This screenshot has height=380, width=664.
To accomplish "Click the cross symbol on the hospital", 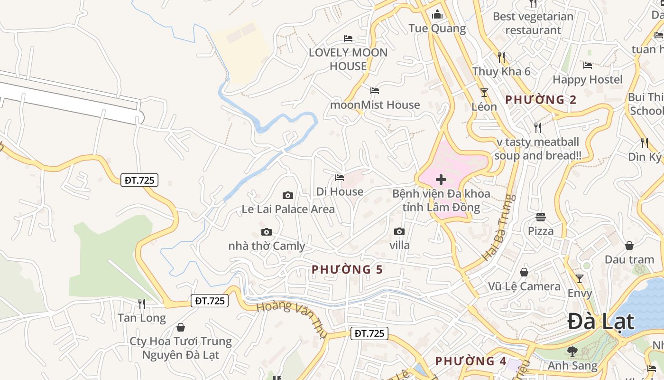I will pos(441,180).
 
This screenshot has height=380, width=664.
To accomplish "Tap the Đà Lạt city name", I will pos(600,322).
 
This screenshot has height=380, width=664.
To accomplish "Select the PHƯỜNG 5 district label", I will pos(347,269).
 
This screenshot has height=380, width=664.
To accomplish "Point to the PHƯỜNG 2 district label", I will pos(541,100).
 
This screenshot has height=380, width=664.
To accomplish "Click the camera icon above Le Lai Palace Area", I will pos(287,195).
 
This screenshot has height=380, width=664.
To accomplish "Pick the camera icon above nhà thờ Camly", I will pos(267,232).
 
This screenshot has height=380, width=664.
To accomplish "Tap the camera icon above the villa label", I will pos(399,231).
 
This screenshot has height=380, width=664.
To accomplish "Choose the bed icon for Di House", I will pos(340,178).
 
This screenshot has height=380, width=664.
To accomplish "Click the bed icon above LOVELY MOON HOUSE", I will pos(348,38).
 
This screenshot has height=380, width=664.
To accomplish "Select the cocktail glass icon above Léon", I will pos(484,92).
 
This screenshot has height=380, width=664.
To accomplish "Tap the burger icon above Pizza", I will pos(541,217).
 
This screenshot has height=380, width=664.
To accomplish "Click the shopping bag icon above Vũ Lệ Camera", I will pos(524,272).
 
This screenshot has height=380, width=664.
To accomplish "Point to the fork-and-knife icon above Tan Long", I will pos(142,304).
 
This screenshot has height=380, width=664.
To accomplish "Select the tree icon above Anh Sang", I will pos(572,351).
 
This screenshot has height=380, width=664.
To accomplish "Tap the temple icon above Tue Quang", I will pos(437,15).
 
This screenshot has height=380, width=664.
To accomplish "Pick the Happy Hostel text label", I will pos(587,79).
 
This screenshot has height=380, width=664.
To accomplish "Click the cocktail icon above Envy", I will pos(580,278).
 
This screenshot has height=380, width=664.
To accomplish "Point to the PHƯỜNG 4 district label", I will pos(471,361).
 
